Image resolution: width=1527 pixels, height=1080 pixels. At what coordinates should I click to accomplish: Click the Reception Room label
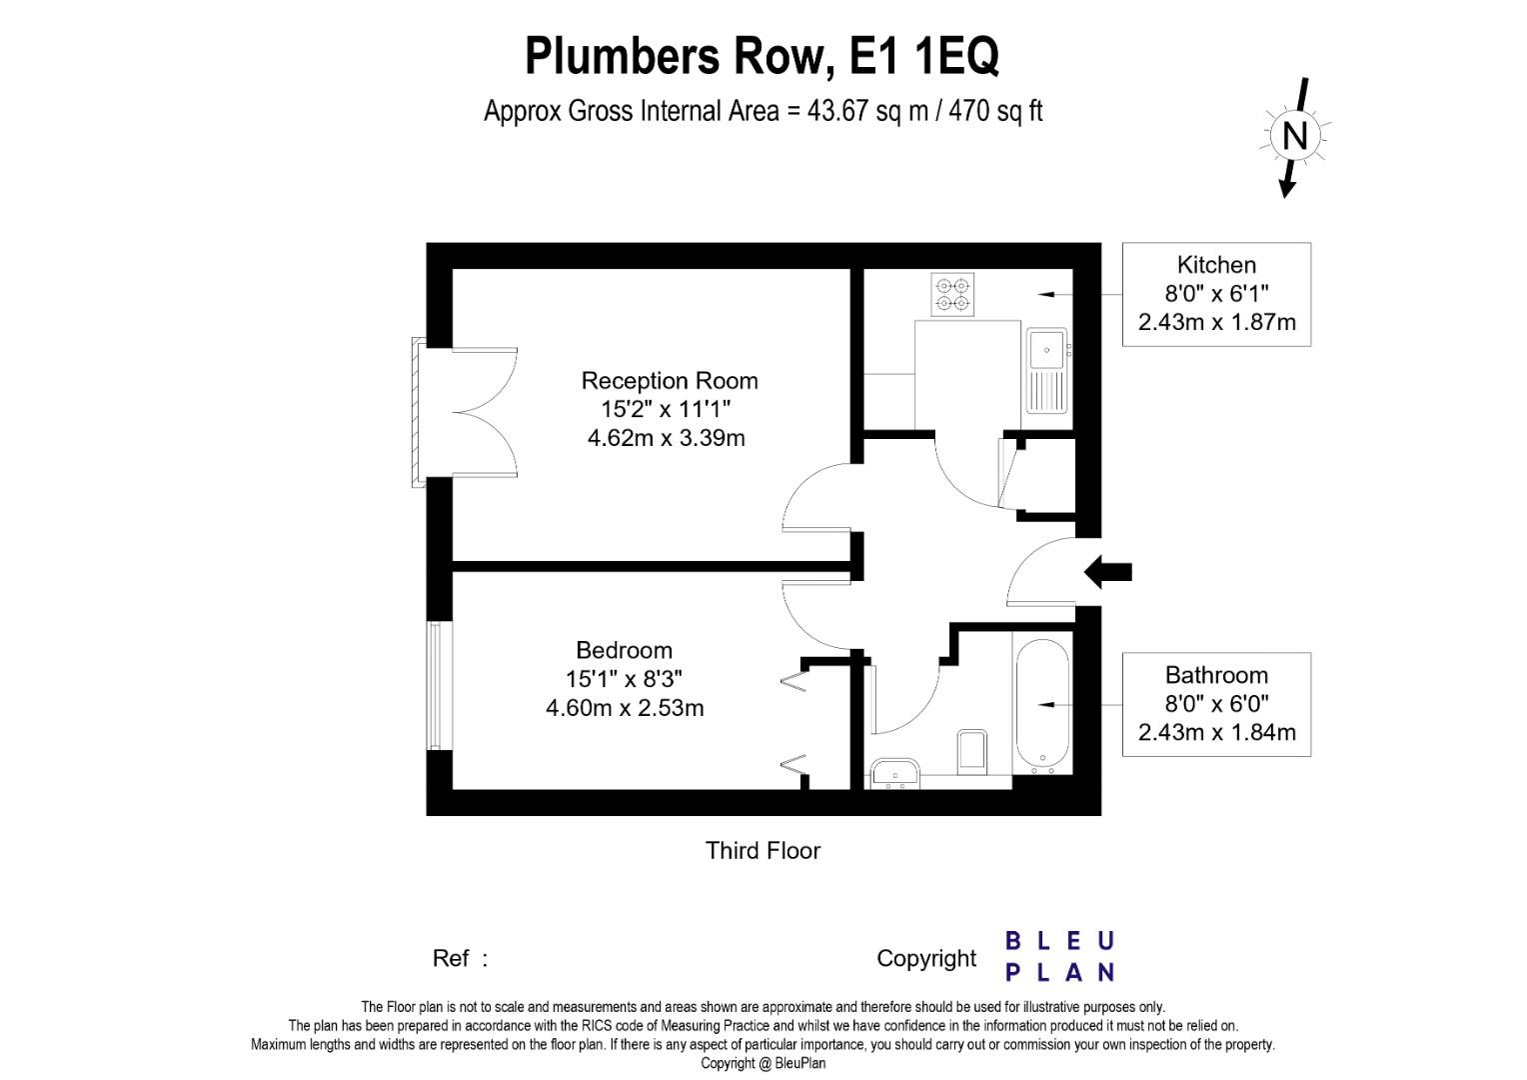(670, 381)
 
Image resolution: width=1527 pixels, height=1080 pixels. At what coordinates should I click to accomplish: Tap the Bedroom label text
(624, 650)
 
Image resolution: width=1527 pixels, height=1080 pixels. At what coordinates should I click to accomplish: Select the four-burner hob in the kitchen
(952, 295)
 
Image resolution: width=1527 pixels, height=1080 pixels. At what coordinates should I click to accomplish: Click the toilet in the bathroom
(972, 752)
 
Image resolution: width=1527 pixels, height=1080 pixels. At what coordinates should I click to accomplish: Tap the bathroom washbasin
(895, 773)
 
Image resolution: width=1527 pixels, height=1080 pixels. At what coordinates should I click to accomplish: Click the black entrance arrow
(1107, 572)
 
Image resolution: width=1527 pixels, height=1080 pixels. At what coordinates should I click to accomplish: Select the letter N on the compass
(1294, 136)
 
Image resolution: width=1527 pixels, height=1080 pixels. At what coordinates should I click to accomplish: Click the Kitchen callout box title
(1216, 265)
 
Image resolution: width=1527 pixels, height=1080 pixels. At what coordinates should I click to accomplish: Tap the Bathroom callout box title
(1216, 675)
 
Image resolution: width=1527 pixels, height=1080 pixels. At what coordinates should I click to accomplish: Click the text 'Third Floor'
(763, 851)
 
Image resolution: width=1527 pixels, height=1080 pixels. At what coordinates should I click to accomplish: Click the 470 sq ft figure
(996, 111)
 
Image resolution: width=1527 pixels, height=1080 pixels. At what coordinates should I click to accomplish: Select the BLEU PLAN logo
(1060, 957)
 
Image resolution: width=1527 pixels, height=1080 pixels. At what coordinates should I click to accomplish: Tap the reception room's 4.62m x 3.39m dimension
(666, 437)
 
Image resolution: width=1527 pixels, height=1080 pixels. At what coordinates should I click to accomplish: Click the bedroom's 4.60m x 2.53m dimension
(625, 708)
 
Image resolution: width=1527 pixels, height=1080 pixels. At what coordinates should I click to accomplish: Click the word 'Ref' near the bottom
(451, 959)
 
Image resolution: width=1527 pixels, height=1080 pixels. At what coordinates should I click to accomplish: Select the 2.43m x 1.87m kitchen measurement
(1217, 322)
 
